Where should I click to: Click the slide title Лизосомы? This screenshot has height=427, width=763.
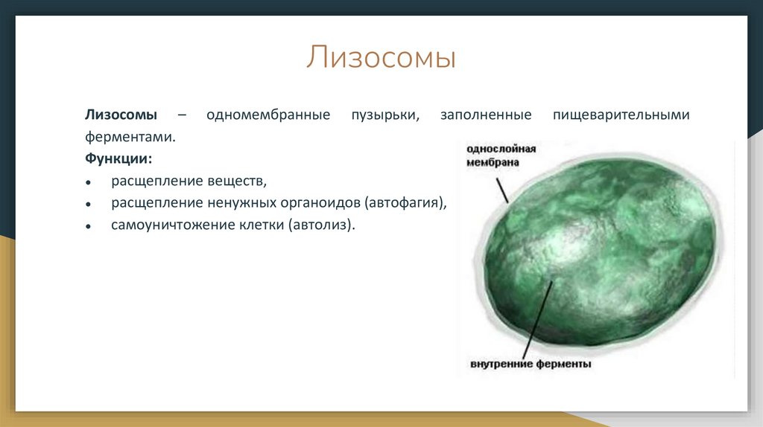click(381, 58)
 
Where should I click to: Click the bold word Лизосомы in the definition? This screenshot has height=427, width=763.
click(121, 115)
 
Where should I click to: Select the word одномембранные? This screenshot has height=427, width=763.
click(268, 115)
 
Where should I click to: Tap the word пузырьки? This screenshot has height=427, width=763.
click(385, 115)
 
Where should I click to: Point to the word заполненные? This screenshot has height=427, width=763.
click(486, 115)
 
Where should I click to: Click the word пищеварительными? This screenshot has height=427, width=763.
click(621, 115)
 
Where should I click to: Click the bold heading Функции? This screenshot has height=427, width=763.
click(118, 159)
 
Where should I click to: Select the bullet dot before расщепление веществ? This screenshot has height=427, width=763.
click(88, 183)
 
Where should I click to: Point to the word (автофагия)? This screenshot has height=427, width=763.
click(405, 203)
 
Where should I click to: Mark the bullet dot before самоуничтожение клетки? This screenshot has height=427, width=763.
click(88, 227)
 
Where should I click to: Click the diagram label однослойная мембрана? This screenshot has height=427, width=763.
click(501, 155)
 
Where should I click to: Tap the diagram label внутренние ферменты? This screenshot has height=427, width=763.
click(531, 364)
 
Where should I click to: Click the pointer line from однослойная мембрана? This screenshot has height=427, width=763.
click(502, 190)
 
